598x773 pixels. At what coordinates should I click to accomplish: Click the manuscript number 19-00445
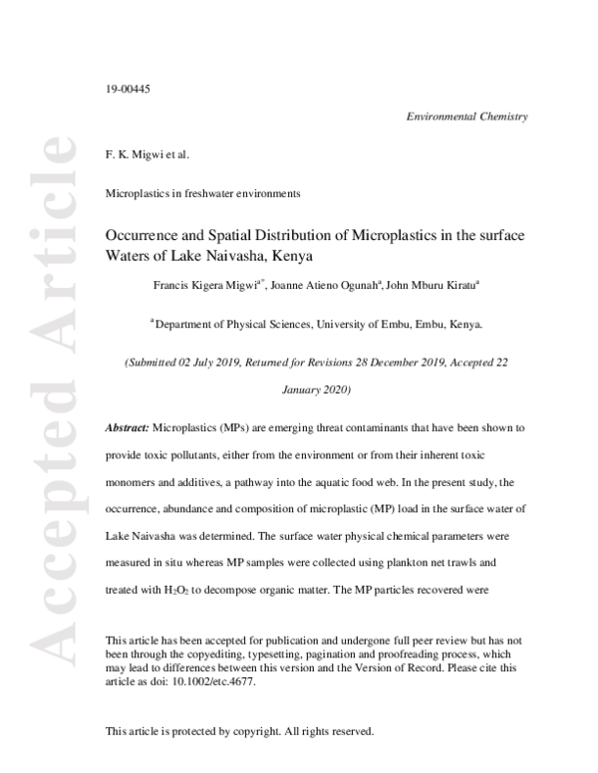point(128,91)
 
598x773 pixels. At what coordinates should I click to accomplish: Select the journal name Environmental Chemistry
point(466,117)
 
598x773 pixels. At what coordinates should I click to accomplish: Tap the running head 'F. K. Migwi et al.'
point(147,155)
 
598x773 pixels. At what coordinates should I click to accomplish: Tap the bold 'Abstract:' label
point(128,426)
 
